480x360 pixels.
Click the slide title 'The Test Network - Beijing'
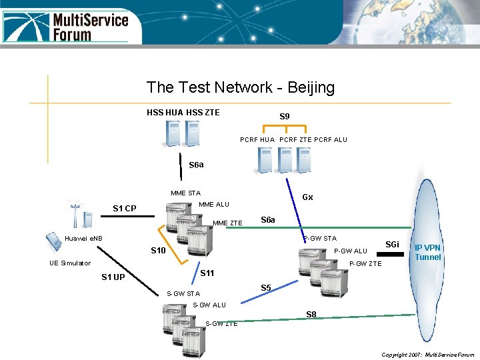click(240, 87)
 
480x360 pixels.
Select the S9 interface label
click(285, 117)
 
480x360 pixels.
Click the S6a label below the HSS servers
click(196, 165)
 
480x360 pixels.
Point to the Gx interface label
click(307, 197)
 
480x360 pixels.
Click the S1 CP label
click(125, 209)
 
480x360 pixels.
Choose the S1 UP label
click(113, 277)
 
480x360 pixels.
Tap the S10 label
click(159, 251)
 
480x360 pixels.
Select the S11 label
click(207, 273)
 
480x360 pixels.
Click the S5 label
click(266, 288)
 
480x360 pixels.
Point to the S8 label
click(311, 314)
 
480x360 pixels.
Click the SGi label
click(393, 245)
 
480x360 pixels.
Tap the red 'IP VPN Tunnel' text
click(427, 252)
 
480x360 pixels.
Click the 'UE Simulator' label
click(70, 263)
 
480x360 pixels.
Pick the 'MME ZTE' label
click(227, 223)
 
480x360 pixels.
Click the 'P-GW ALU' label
click(351, 251)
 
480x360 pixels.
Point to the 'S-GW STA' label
click(183, 293)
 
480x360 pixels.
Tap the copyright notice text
click(427, 355)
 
